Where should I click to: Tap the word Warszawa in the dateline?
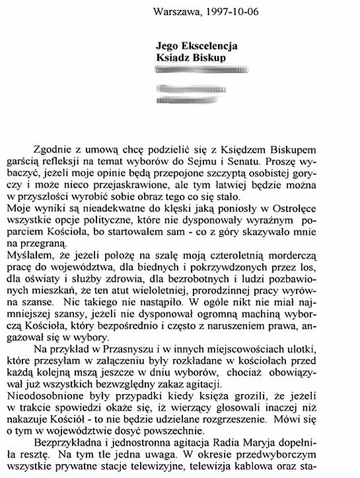tap(174, 10)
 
